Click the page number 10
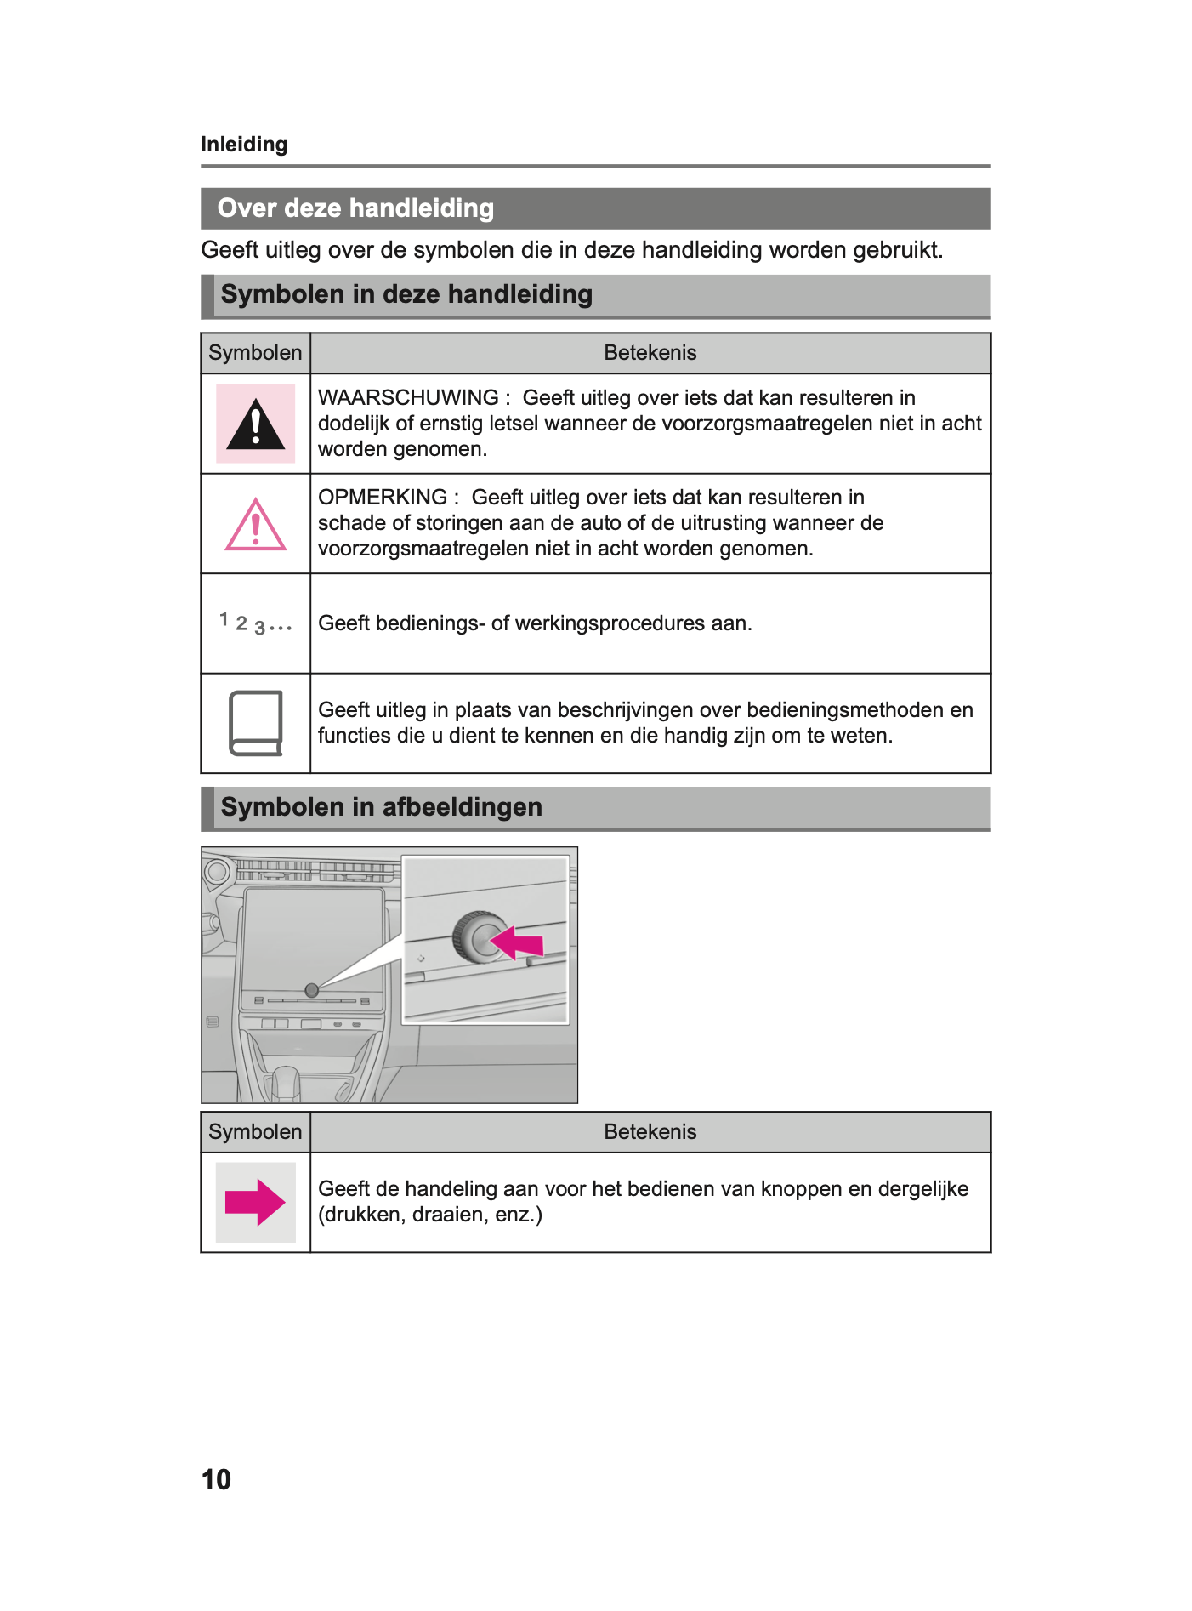click(x=216, y=1479)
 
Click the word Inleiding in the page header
click(x=244, y=145)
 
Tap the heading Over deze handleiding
click(x=355, y=208)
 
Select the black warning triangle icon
click(x=255, y=424)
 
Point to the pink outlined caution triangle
click(x=255, y=525)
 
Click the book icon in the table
click(x=255, y=723)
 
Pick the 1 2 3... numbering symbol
click(x=255, y=623)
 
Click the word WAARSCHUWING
click(x=408, y=398)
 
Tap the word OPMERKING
click(x=383, y=498)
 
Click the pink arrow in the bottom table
click(x=255, y=1202)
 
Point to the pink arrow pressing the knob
click(x=518, y=942)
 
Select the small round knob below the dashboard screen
click(x=312, y=990)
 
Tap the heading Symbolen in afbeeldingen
click(x=381, y=807)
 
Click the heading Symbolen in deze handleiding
click(x=406, y=294)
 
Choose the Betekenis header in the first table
click(x=650, y=353)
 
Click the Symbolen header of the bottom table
click(x=255, y=1132)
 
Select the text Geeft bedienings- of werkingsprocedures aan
click(x=535, y=623)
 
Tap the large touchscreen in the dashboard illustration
click(x=312, y=936)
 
